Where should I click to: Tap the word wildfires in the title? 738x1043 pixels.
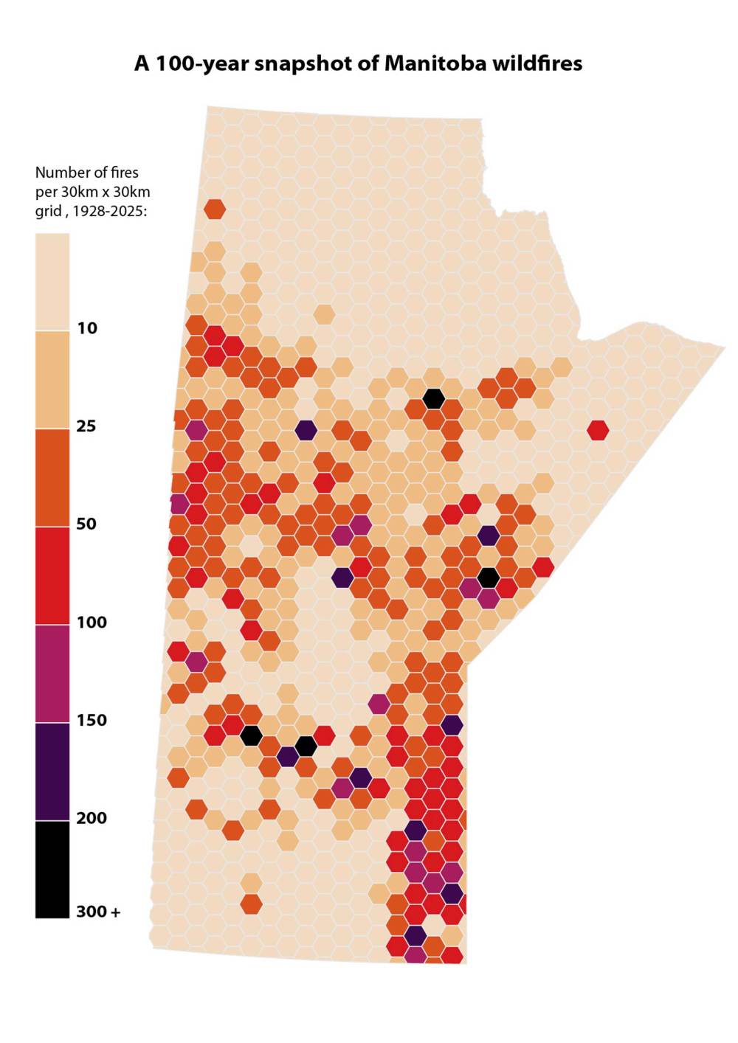pos(537,63)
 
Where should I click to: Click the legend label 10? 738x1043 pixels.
pos(87,328)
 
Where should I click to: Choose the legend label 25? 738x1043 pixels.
pos(86,426)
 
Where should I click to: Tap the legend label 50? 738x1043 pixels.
pos(86,524)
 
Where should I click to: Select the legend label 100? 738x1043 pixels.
pos(92,622)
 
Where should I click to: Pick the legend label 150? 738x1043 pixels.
pos(92,720)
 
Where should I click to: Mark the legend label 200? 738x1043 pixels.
pos(92,817)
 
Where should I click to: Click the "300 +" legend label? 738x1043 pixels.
pos(98,912)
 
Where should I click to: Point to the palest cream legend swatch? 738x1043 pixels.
pos(52,283)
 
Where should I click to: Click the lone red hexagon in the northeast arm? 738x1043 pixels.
pos(598,430)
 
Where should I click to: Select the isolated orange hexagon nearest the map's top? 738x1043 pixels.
pos(215,209)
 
